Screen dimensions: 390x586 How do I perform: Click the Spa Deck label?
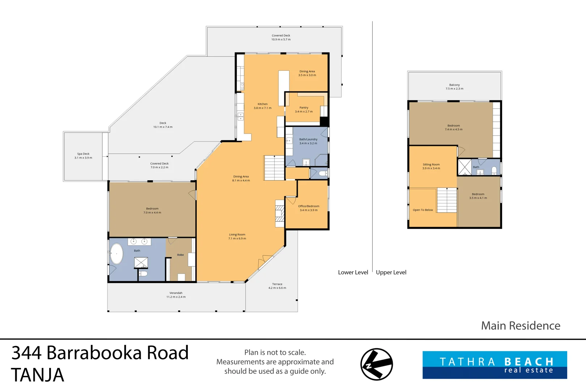[83, 154]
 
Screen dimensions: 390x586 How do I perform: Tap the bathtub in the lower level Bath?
[116, 254]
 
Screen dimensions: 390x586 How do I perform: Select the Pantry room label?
[304, 108]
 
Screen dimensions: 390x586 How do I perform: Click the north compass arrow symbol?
[377, 364]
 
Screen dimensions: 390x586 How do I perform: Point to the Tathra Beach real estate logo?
[494, 365]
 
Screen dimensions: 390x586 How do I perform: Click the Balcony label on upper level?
[454, 85]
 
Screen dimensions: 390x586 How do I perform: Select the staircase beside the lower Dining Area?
[274, 168]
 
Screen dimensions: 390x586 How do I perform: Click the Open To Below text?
[422, 210]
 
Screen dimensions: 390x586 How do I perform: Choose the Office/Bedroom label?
[309, 206]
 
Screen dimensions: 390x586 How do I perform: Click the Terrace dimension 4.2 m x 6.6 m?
[277, 288]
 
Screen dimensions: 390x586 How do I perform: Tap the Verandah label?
[176, 293]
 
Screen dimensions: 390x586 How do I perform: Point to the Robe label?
[181, 255]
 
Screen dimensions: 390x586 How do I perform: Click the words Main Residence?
[520, 326]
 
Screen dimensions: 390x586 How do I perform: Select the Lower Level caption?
[353, 272]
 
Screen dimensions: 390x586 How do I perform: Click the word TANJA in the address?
[38, 375]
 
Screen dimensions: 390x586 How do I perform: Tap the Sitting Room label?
[431, 164]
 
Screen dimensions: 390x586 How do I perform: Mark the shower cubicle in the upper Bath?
[464, 167]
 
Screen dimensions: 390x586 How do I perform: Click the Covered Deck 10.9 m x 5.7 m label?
[281, 38]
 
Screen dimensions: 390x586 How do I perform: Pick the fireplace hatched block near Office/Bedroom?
[280, 213]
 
